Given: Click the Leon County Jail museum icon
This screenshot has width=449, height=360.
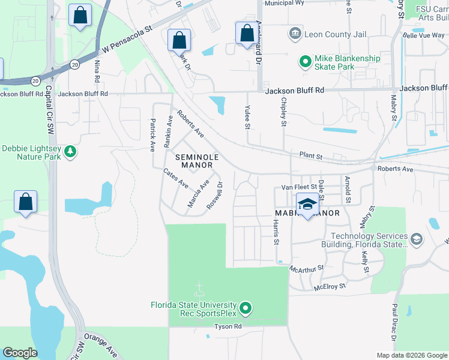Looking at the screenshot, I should pos(295,34).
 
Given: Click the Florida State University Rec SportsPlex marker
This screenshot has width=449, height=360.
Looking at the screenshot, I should pos(245,309).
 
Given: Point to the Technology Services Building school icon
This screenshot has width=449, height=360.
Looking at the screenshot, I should pos(416,240).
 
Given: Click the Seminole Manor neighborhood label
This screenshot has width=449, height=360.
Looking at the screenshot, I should pos(194,161).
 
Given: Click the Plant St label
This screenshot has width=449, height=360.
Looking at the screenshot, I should pos(311,156).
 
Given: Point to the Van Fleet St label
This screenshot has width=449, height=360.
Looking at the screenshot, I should pos(298,188).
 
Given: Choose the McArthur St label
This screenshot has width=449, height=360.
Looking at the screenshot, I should pos(307,268).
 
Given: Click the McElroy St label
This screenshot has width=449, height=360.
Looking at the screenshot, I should pos(330,287).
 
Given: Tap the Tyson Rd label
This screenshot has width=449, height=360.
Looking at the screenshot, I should pos(229,327).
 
